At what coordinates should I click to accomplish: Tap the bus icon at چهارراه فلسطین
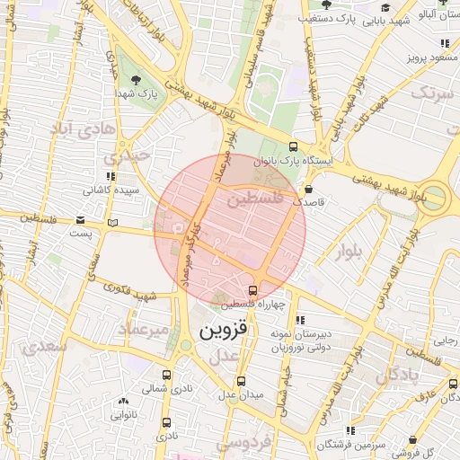[252, 291]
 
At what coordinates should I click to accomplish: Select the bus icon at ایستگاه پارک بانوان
[293, 147]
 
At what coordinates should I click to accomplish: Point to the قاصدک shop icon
[309, 190]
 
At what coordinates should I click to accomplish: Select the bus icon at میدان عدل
[240, 382]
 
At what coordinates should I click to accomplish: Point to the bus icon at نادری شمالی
[166, 376]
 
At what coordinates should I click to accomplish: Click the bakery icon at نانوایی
[123, 402]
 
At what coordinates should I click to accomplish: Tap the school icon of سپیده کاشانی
[111, 177]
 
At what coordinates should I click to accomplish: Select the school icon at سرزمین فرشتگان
[349, 432]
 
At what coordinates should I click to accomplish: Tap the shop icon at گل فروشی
[412, 439]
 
